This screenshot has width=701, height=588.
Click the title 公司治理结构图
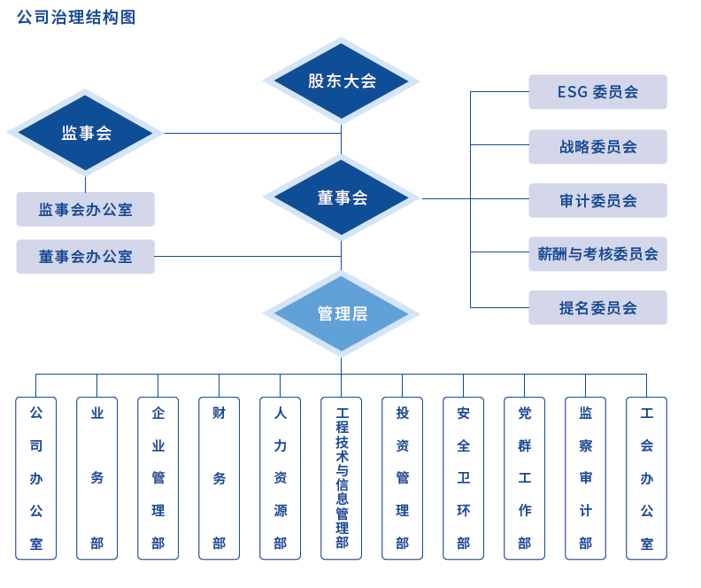pyautogui.click(x=77, y=17)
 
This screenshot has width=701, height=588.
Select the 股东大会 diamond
pyautogui.click(x=342, y=81)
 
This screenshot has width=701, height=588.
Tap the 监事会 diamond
pyautogui.click(x=86, y=133)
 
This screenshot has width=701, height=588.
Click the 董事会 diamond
pyautogui.click(x=342, y=198)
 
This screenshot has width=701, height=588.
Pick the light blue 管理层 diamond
pyautogui.click(x=342, y=313)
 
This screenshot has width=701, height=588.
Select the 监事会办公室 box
pyautogui.click(x=86, y=210)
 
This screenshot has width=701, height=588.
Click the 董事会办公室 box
pyautogui.click(x=86, y=257)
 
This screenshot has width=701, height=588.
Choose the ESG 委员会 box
pyautogui.click(x=597, y=92)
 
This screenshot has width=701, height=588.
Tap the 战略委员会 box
pyautogui.click(x=597, y=147)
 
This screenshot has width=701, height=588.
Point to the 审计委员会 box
pyautogui.click(x=597, y=201)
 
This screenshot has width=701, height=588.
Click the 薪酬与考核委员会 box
pyautogui.click(x=597, y=254)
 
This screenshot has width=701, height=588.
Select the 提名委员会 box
pyautogui.click(x=597, y=308)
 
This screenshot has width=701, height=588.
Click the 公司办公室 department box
pyautogui.click(x=36, y=478)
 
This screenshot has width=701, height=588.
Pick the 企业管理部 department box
pyautogui.click(x=158, y=478)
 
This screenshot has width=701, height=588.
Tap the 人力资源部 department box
pyautogui.click(x=281, y=478)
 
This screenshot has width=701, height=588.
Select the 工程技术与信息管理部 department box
pyautogui.click(x=342, y=478)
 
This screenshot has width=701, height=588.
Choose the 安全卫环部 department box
pyautogui.click(x=464, y=478)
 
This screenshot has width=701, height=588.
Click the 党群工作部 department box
pyautogui.click(x=525, y=478)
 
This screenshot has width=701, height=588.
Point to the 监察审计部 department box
pyautogui.click(x=586, y=478)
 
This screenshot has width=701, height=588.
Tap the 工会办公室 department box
pyautogui.click(x=647, y=478)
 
